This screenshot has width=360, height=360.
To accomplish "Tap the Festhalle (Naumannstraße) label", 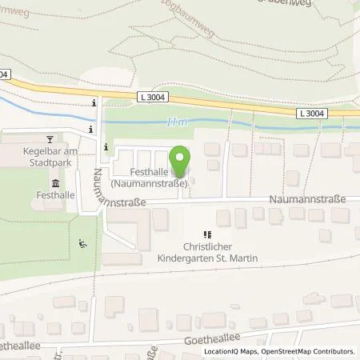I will [150, 177].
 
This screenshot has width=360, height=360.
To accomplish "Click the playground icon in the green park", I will [82, 244].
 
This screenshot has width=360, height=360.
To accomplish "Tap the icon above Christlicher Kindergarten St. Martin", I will [208, 234].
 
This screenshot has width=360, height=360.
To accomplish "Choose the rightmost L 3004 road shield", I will [312, 114].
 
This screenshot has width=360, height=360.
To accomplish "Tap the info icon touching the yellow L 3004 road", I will [94, 103].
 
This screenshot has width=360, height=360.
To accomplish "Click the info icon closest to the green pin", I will [108, 146].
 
